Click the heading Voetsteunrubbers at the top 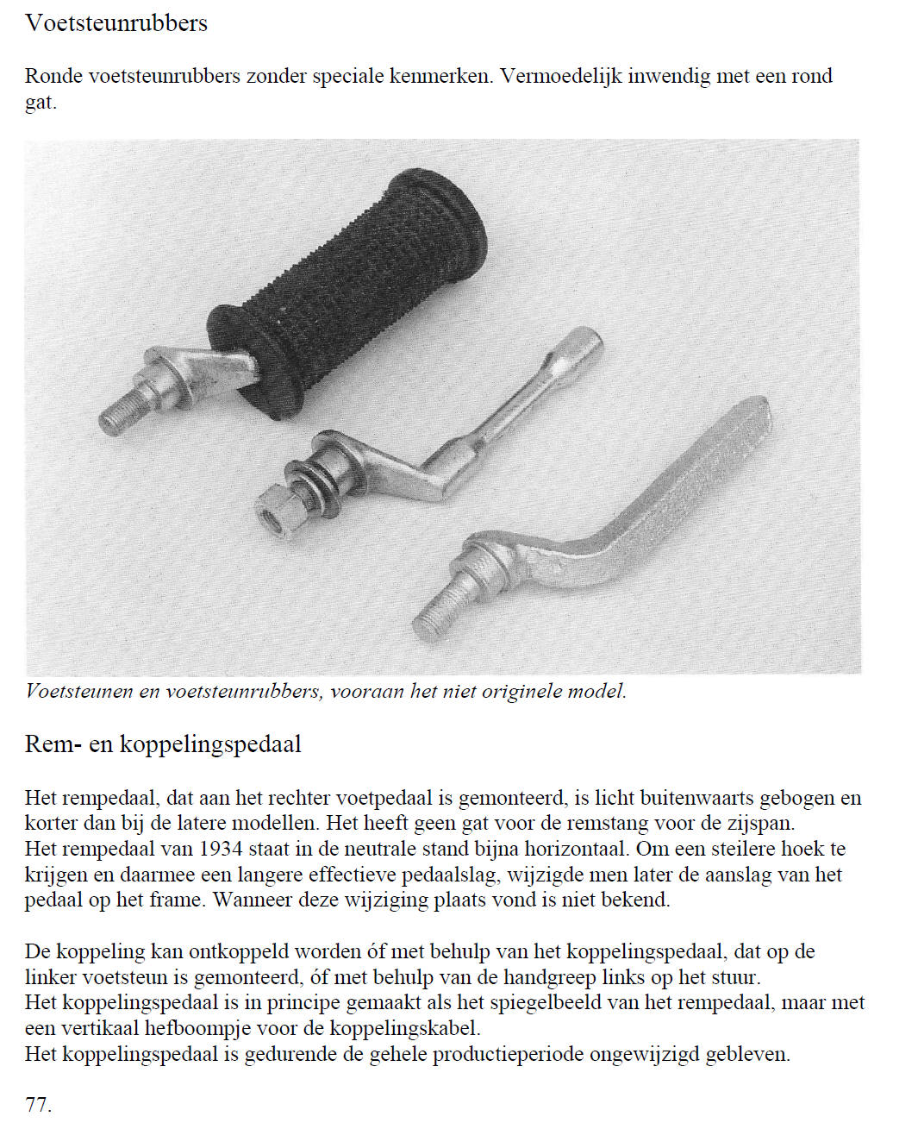point(116,23)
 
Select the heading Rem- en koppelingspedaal point(163,743)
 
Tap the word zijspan point(760,823)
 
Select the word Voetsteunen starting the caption point(80,691)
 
